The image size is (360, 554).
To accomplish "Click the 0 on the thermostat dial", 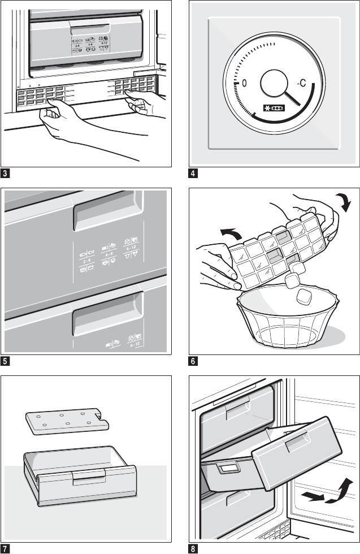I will click(244, 83).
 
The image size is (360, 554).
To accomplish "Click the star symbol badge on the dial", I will click(274, 107).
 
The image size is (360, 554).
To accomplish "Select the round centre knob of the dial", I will click(275, 85).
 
